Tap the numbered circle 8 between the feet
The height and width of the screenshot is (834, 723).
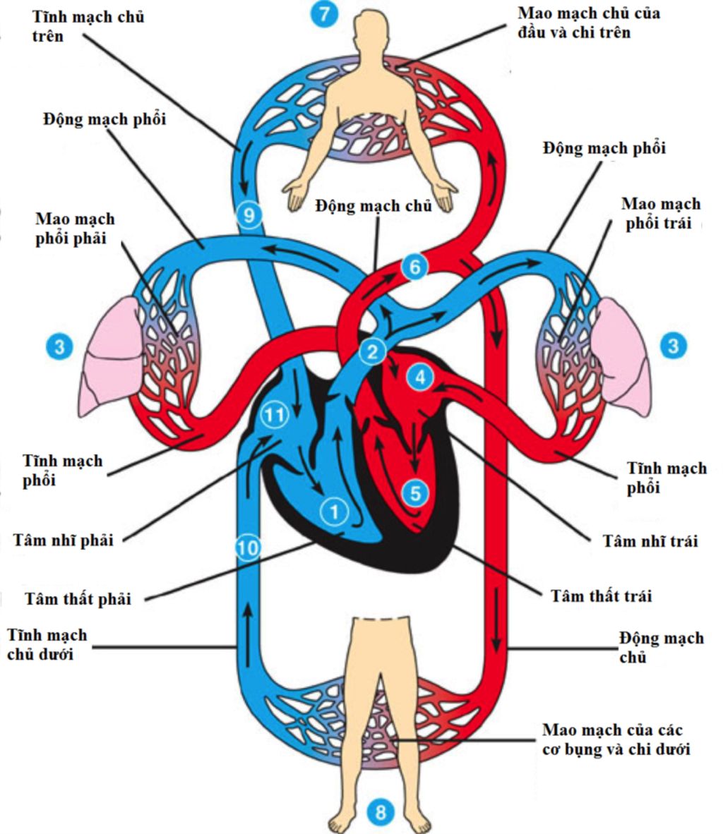pos(381,811)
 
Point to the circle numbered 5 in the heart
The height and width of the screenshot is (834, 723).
pos(415,492)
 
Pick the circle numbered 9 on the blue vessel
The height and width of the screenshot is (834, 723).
pos(249,214)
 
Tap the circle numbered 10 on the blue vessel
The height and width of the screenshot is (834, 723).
pos(247,547)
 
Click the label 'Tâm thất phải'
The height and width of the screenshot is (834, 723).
pos(78,599)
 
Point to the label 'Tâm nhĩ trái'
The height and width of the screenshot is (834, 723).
pos(650,540)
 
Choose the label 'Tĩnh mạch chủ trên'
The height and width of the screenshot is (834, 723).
pos(88,26)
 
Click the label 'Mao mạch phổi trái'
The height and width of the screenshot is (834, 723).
pos(660,213)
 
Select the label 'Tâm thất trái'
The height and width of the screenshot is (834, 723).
pos(601,596)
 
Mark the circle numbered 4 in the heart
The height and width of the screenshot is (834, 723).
pos(421,377)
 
